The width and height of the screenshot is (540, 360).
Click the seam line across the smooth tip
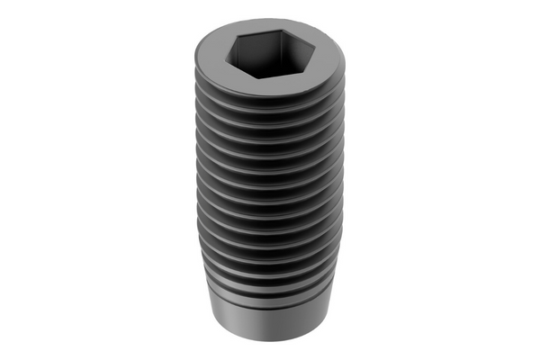[x=270, y=309]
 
